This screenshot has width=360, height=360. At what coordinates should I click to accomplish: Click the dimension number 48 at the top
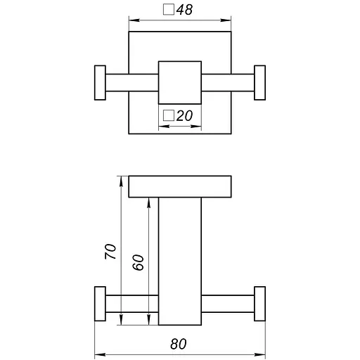[x=185, y=11]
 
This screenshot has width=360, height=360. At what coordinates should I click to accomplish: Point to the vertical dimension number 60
[x=139, y=262]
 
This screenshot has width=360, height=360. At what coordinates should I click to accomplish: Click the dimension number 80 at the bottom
[x=179, y=345]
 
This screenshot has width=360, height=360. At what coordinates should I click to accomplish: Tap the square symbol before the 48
[x=168, y=11]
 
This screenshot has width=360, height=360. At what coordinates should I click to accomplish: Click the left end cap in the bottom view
[x=99, y=305]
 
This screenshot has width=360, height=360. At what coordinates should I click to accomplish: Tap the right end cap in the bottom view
[x=260, y=305]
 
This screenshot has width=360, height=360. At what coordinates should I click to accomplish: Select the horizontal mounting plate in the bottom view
[x=180, y=186]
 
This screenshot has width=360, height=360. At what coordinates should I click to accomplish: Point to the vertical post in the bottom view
[x=180, y=260]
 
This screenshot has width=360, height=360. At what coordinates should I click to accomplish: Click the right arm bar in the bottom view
[x=228, y=305]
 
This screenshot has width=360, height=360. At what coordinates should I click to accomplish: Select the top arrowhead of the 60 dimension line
[x=149, y=202]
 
